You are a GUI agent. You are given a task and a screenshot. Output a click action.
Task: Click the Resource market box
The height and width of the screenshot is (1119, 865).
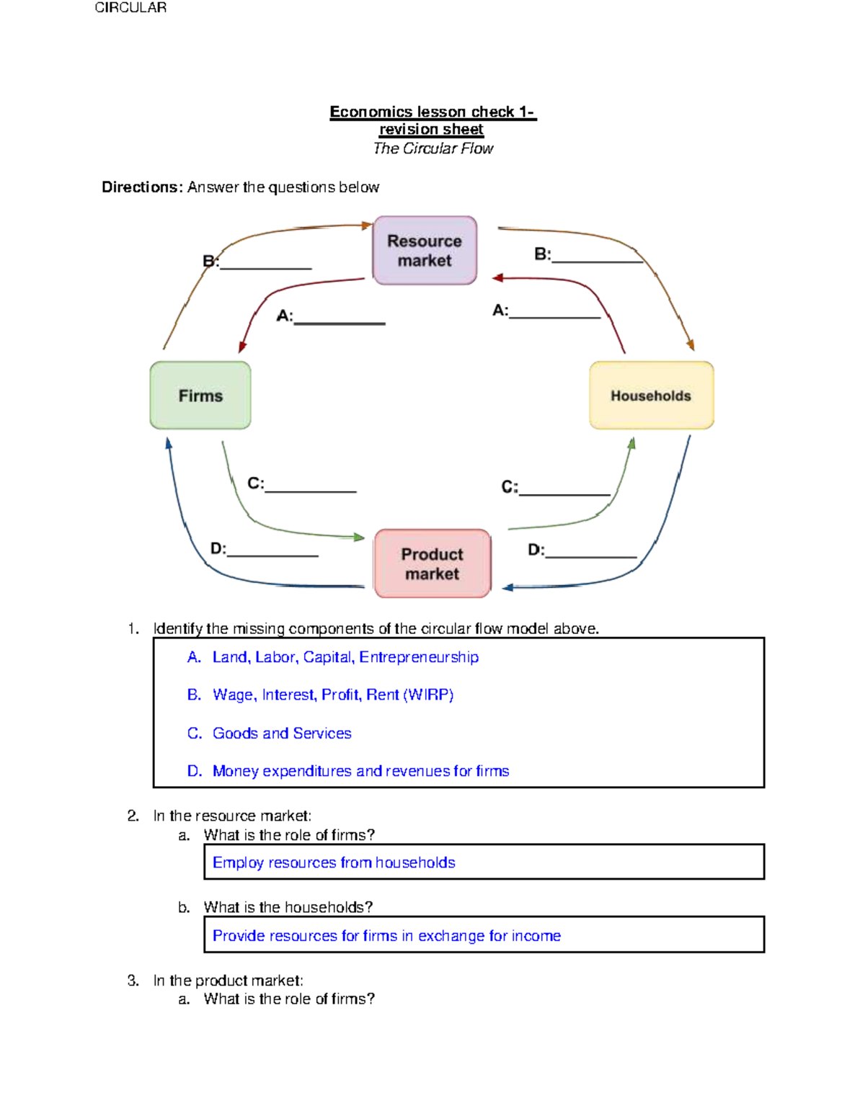tap(425, 250)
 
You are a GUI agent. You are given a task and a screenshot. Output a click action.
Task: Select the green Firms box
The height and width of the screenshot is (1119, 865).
tap(200, 396)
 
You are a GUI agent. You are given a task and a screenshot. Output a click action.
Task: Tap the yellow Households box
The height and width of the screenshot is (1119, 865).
tap(651, 396)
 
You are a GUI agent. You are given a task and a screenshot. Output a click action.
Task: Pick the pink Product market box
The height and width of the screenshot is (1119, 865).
tap(432, 563)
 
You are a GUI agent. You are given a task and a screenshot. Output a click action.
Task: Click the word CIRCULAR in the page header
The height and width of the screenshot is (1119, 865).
tap(130, 7)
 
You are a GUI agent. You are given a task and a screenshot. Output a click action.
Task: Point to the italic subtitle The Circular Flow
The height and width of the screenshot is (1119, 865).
tap(432, 148)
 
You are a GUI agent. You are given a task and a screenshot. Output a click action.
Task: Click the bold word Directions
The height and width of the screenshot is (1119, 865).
tap(142, 187)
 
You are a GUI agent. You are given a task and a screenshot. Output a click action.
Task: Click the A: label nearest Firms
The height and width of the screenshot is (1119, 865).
tap(285, 316)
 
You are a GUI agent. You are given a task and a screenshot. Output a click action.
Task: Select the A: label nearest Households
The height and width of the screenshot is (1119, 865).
tap(500, 311)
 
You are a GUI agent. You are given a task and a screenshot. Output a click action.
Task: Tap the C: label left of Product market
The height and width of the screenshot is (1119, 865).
tap(255, 483)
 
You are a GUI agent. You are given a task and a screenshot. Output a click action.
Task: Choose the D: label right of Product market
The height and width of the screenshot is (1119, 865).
tap(536, 550)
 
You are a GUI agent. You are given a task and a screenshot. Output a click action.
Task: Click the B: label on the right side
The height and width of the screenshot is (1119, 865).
tap(542, 254)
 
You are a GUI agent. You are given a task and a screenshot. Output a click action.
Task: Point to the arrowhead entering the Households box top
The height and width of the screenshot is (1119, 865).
tap(690, 345)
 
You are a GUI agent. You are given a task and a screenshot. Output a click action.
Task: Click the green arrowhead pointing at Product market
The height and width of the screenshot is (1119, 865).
tap(359, 537)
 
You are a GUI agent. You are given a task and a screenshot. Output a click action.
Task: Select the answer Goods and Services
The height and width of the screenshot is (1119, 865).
tap(281, 734)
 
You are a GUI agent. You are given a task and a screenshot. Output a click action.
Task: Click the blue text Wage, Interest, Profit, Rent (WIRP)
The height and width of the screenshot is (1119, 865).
tap(332, 695)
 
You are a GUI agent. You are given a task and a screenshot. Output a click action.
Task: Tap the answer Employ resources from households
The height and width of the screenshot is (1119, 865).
tap(334, 862)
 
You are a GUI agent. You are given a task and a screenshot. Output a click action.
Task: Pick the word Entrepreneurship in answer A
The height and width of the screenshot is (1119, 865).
tap(419, 657)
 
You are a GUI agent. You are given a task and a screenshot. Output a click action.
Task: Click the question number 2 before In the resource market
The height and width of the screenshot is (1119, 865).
tap(133, 816)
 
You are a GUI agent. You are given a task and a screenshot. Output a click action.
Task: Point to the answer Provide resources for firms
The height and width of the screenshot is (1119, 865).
tap(386, 935)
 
